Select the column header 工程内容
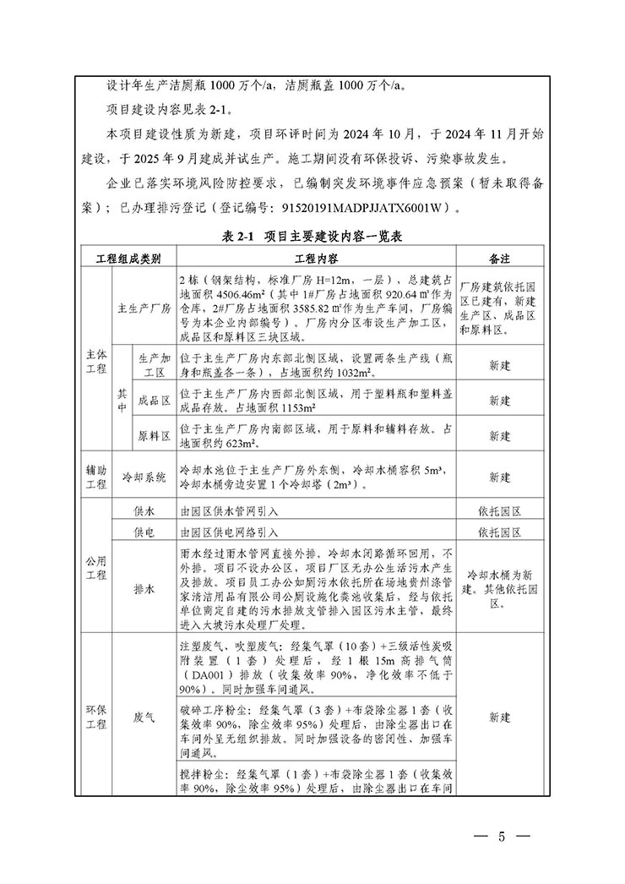(316, 258)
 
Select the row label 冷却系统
(144, 477)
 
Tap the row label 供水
(144, 511)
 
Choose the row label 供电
(144, 532)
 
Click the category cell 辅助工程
(95, 477)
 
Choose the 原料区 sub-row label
(155, 436)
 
